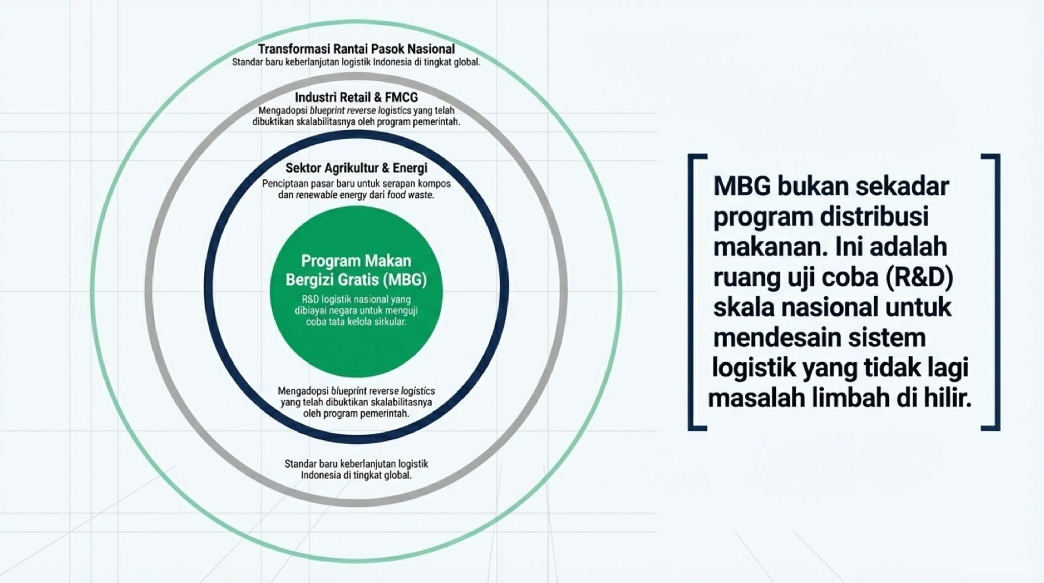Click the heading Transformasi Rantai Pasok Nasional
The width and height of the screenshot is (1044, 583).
click(356, 49)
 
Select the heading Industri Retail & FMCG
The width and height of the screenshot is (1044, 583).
click(356, 97)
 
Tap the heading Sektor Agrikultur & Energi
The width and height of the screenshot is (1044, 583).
click(356, 168)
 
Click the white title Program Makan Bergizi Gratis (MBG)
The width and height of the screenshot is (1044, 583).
click(356, 270)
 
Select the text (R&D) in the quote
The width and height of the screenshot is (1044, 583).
click(918, 277)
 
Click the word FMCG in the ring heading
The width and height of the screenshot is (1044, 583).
click(401, 97)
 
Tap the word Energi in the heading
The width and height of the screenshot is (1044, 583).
click(410, 168)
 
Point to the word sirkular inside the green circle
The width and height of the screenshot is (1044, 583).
click(391, 321)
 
